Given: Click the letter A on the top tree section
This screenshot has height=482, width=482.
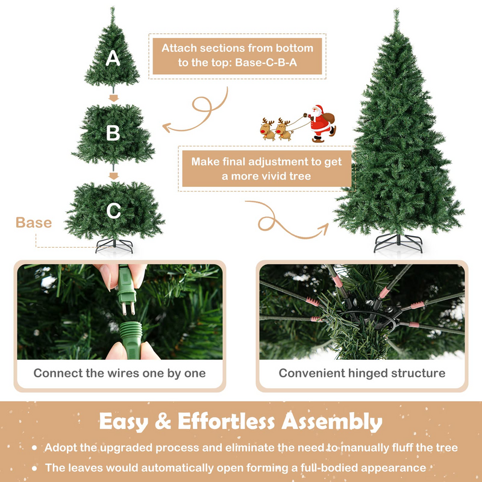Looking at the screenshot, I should coord(113,58).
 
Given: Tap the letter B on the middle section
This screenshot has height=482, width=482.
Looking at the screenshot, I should coord(113,134).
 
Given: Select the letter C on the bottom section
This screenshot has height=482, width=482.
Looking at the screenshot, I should coord(114,211).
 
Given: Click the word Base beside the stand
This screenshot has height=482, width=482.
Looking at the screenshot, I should coord(34,223).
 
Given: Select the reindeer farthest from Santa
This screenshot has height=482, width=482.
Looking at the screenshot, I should coord(267,129).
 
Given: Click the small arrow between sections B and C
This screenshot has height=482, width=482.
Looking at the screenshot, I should coord(113,175).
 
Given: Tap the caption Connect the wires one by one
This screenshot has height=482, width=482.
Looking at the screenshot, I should coord(119,373).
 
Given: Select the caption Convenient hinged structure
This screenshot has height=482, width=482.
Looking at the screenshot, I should coord(362,373).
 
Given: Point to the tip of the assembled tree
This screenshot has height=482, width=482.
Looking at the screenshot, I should coord(396,11).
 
